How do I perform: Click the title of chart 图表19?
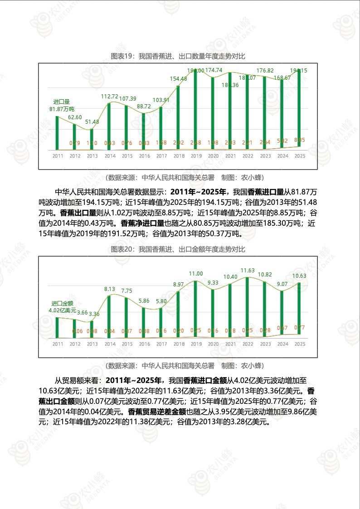pos(178,56)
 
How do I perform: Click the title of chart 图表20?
pos(178,249)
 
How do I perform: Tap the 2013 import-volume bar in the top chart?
pos(92,140)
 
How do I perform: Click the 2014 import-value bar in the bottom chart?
pos(109,317)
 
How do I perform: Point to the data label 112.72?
pos(109,97)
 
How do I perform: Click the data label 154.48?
pos(178,79)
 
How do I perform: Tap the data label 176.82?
pos(265,71)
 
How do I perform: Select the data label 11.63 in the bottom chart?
pos(247,271)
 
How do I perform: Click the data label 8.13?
pos(109,289)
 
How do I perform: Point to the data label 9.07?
pos(282,284)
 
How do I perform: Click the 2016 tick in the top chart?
pos(144,156)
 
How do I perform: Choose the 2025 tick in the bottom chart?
pos(299,344)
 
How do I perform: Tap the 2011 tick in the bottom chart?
pos(58,344)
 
